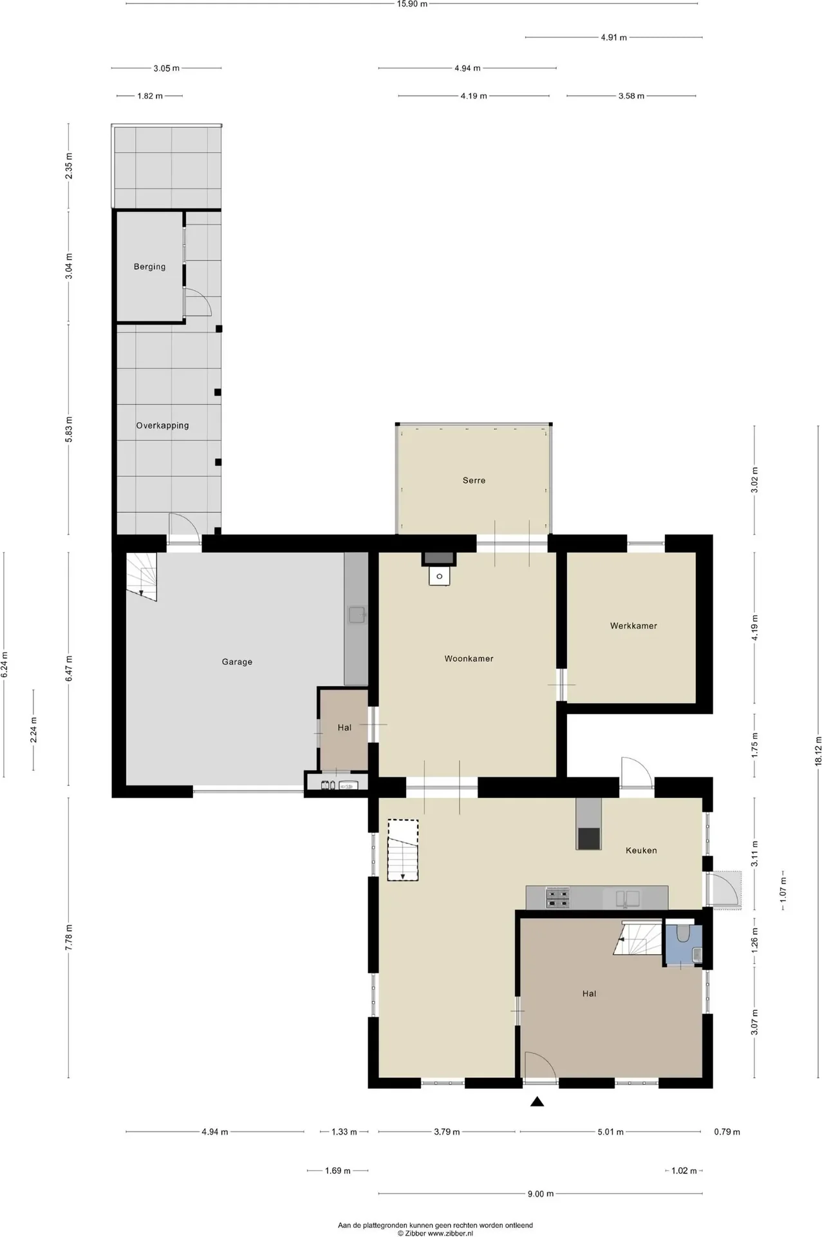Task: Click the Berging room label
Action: (x=149, y=267)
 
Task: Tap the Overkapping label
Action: (x=162, y=426)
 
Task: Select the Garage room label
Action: (x=237, y=662)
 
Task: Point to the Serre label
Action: (x=474, y=481)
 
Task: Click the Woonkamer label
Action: (x=469, y=658)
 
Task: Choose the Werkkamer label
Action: (x=633, y=626)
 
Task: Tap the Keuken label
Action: (x=641, y=850)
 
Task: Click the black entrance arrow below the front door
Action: (x=537, y=1102)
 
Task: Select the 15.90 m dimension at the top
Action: (x=412, y=4)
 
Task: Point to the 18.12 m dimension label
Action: (x=819, y=751)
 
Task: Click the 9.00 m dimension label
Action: (x=541, y=1194)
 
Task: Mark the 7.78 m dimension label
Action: (x=69, y=936)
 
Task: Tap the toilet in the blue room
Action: (x=683, y=933)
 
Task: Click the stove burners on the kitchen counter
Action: (x=557, y=898)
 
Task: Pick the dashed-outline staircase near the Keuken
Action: (x=403, y=850)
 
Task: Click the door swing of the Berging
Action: (x=198, y=302)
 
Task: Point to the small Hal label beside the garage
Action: (x=344, y=727)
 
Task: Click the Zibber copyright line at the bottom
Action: (x=435, y=1233)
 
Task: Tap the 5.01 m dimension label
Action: (x=610, y=1132)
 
